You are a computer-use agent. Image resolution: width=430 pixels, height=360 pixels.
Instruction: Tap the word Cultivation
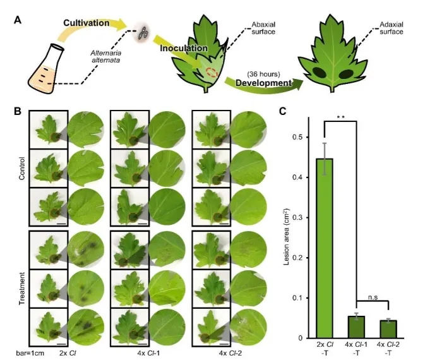pos(87,23)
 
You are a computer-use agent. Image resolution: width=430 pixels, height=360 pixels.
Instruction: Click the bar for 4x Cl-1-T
pos(357,327)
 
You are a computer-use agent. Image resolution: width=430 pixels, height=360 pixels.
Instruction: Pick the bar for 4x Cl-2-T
pos(388,328)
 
